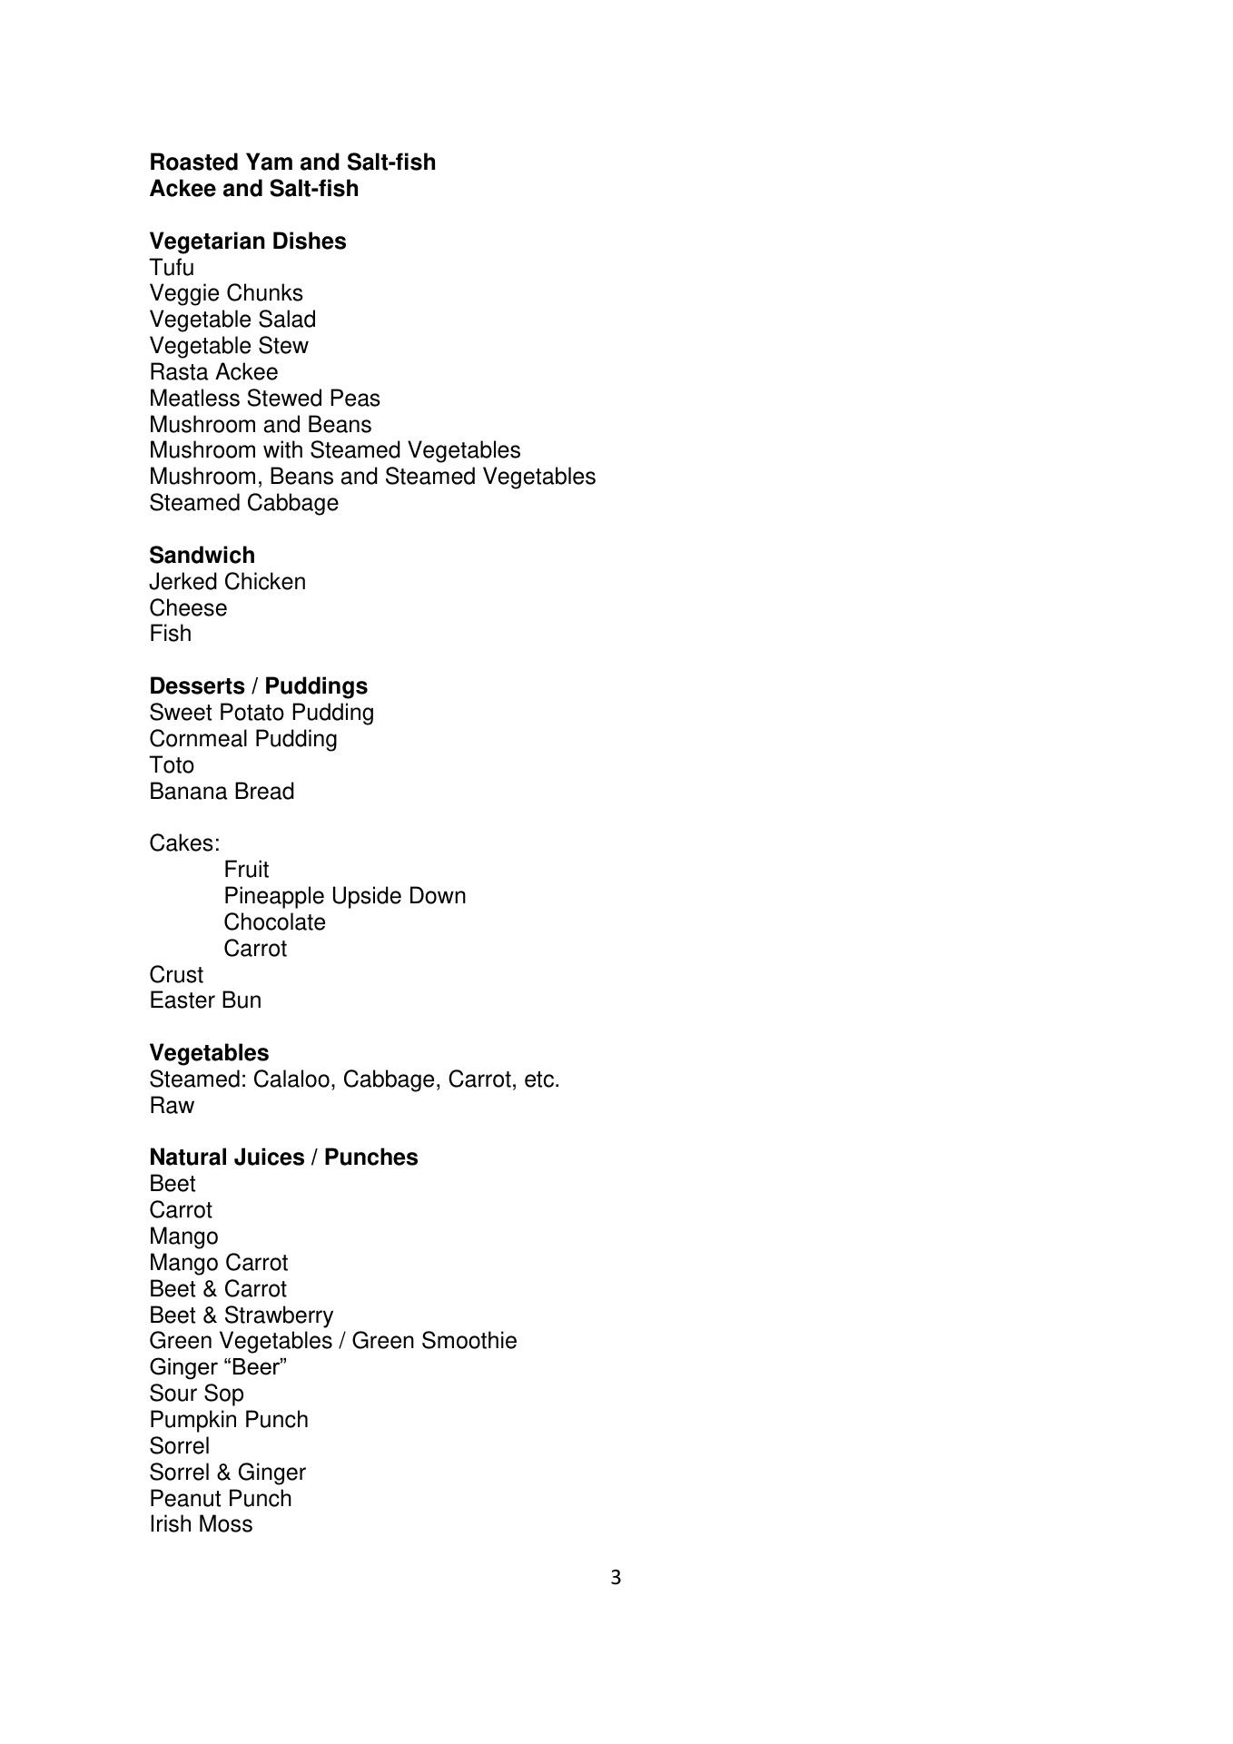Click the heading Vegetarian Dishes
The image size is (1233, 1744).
pyautogui.click(x=247, y=241)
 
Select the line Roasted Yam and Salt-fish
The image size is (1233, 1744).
pyautogui.click(x=292, y=163)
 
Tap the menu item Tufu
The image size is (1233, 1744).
pyautogui.click(x=172, y=268)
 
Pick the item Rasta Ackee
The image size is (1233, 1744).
pyautogui.click(x=213, y=372)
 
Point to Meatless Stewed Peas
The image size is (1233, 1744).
pyautogui.click(x=264, y=399)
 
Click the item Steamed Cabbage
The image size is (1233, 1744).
pyautogui.click(x=243, y=503)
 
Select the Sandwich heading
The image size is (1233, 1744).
pyautogui.click(x=202, y=556)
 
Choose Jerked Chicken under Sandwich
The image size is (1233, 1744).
pyautogui.click(x=227, y=582)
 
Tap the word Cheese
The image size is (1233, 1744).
pyautogui.click(x=188, y=608)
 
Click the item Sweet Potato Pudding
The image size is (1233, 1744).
pyautogui.click(x=261, y=713)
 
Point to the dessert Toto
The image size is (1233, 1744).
pyautogui.click(x=172, y=765)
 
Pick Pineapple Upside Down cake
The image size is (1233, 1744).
pyautogui.click(x=344, y=896)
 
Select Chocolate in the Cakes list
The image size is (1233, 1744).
pyautogui.click(x=274, y=922)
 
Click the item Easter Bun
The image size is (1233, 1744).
pyautogui.click(x=205, y=1000)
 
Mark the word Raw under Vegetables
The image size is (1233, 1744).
pyautogui.click(x=172, y=1106)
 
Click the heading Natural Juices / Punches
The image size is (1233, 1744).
pyautogui.click(x=283, y=1158)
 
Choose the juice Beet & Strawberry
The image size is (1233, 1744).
pyautogui.click(x=241, y=1315)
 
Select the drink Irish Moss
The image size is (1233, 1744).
pyautogui.click(x=201, y=1524)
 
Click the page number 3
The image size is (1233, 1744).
pyautogui.click(x=616, y=1579)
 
